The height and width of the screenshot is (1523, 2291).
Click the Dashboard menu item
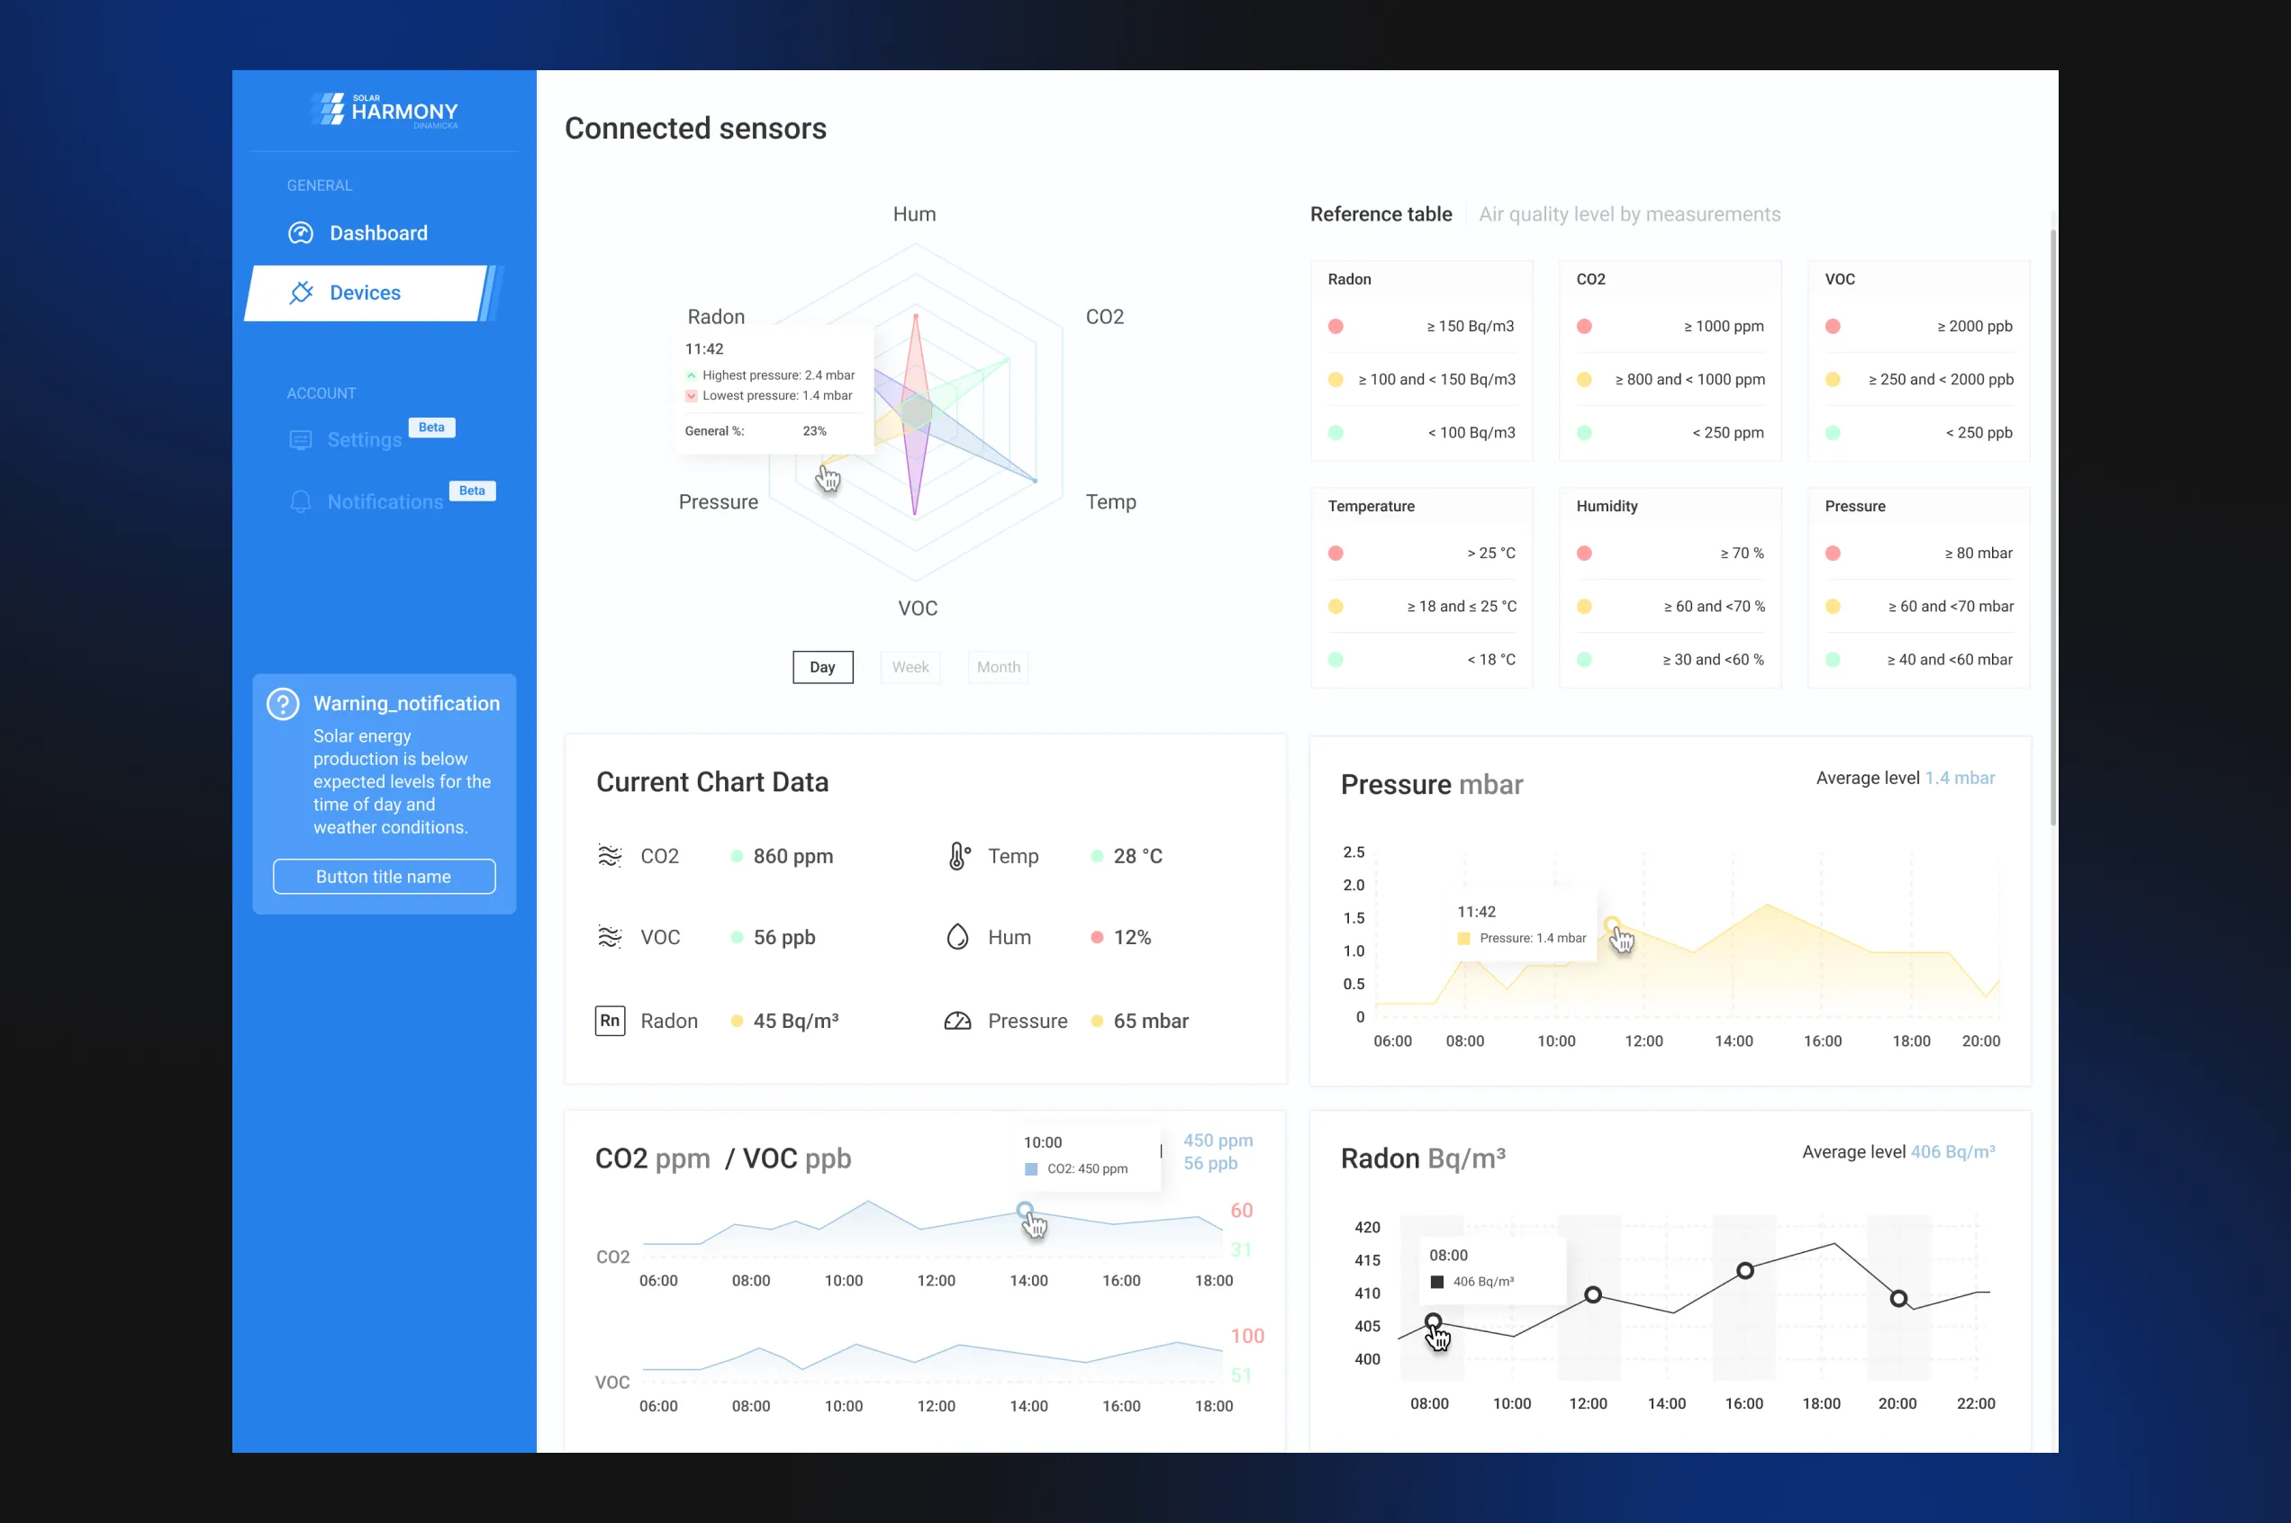(377, 233)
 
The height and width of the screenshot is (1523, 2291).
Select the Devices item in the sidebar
(365, 293)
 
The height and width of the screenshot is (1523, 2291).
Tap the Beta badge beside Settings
(431, 428)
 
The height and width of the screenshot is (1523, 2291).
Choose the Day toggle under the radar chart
(822, 667)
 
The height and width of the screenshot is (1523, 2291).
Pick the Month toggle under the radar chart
(998, 667)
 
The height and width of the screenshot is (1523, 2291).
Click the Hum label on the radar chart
(914, 213)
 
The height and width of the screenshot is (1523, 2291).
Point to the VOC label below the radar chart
(917, 608)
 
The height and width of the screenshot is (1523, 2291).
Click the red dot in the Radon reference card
(1336, 327)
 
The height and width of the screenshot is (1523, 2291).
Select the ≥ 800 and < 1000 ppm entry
(1689, 380)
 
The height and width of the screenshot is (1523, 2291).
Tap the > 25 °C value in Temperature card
(1490, 554)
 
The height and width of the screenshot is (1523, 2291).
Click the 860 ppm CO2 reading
(792, 856)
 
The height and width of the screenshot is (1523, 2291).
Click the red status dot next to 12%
(1097, 937)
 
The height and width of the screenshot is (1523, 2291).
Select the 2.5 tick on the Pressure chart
(1354, 852)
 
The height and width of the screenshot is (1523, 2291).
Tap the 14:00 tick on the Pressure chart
(1734, 1041)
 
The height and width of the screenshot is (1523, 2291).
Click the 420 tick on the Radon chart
(1367, 1228)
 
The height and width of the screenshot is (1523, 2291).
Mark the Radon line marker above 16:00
(1745, 1270)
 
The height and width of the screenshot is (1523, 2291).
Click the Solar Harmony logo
(385, 110)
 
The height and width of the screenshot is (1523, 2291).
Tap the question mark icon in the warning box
(283, 704)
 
